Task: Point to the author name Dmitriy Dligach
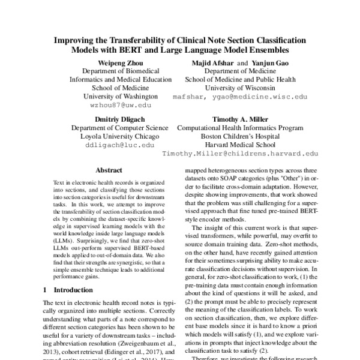point(113,119)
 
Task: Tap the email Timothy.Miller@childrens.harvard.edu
point(240,153)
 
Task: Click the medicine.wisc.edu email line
point(239,95)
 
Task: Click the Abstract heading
point(109,170)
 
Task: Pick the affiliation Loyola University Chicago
point(113,136)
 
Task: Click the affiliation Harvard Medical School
point(240,145)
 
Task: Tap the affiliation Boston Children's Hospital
point(240,136)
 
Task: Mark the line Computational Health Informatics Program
point(240,128)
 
